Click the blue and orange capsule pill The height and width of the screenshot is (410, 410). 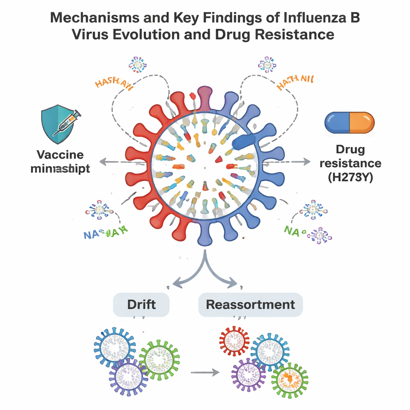pyautogui.click(x=349, y=122)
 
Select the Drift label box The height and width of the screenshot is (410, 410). pyautogui.click(x=141, y=304)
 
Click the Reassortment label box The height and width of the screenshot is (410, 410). pyautogui.click(x=250, y=304)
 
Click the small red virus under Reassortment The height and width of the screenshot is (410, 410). pyautogui.click(x=234, y=341)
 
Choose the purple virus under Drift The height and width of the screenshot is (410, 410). pyautogui.click(x=129, y=376)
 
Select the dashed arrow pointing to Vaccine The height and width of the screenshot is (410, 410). pyautogui.click(x=116, y=162)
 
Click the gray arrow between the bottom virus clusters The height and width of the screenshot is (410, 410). pyautogui.click(x=205, y=373)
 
